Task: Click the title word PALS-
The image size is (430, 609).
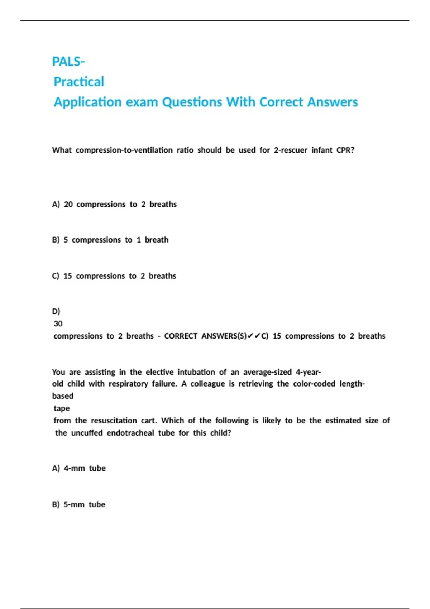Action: pyautogui.click(x=68, y=62)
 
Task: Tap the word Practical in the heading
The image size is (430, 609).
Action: pyautogui.click(x=79, y=82)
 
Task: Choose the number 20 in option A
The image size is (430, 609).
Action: pyautogui.click(x=68, y=204)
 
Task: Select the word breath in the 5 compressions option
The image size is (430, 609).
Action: pyautogui.click(x=157, y=240)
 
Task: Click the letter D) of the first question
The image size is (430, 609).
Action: pyautogui.click(x=56, y=311)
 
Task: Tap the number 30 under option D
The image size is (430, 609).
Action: pyautogui.click(x=58, y=324)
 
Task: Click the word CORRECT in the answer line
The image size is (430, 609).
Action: pyautogui.click(x=181, y=336)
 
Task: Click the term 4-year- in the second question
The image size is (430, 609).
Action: pyautogui.click(x=308, y=372)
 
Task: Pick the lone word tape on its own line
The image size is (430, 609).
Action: pyautogui.click(x=62, y=408)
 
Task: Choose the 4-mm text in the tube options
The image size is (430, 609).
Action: pyautogui.click(x=74, y=468)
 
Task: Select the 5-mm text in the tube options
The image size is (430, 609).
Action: pyautogui.click(x=74, y=504)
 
